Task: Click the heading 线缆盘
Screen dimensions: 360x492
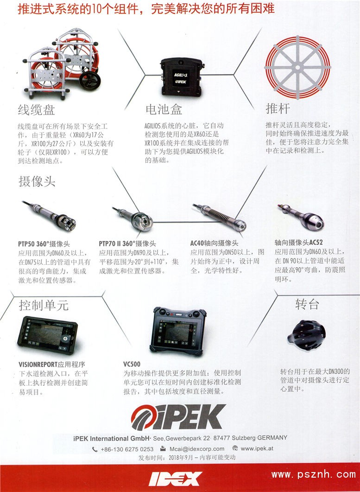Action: pos(37,110)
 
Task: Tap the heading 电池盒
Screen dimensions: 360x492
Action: pos(164,109)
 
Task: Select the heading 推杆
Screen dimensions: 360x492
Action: pos(278,109)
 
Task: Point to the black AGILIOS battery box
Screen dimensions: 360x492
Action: pos(181,77)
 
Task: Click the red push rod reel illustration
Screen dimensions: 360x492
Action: pos(297,67)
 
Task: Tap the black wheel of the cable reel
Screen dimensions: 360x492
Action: pos(90,81)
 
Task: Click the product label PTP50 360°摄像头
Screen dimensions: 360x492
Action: pos(44,244)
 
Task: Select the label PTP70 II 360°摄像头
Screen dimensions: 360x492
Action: pos(127,244)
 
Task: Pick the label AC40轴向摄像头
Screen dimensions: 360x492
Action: pos(214,243)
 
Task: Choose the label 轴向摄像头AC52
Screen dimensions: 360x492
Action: pos(298,242)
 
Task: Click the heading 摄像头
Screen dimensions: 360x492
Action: pos(37,181)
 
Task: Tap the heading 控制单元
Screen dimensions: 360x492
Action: pos(44,305)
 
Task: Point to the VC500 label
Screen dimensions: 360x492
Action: pos(132,364)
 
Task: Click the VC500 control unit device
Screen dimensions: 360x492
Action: pos(178,331)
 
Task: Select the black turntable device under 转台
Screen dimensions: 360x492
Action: pos(306,335)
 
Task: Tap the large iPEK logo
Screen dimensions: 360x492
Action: pos(178,417)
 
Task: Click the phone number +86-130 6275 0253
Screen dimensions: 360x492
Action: pos(127,449)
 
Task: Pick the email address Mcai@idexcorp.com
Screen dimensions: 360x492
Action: pos(197,449)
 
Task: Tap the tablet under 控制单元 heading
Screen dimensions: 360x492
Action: pos(48,335)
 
